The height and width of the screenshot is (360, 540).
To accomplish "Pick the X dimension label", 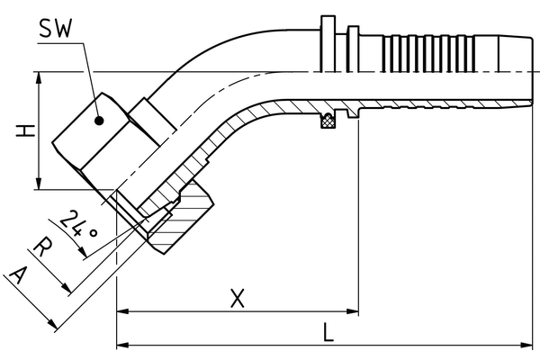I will click(x=237, y=299).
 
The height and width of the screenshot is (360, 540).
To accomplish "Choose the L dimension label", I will click(x=328, y=331).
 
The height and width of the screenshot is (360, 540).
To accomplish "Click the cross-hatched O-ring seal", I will click(x=329, y=120).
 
